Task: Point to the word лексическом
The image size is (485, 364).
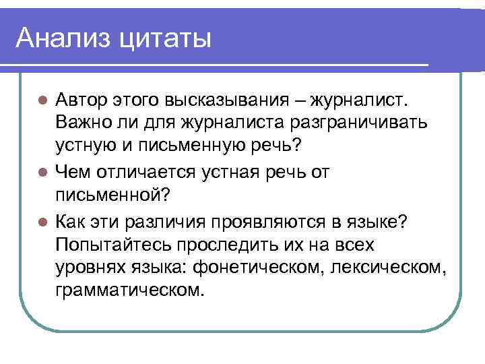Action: click(391, 268)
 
